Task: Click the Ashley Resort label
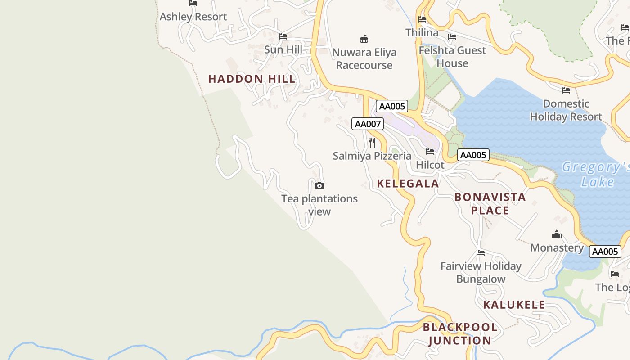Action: pos(193,17)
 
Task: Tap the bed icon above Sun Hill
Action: pos(283,36)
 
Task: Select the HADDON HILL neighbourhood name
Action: pos(252,79)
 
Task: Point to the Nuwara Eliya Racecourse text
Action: pos(364,58)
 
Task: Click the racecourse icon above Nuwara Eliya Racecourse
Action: pos(364,39)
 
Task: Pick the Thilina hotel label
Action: pos(422,32)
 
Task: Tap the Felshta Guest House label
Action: pos(452,57)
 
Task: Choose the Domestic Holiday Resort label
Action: pos(566,110)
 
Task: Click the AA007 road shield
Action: pos(367,124)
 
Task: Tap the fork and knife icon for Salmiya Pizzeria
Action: pos(372,143)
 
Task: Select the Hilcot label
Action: pos(430,165)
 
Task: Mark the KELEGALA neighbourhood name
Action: pos(408,184)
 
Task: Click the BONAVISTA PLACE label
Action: pos(490,203)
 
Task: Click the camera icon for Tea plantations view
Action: pos(319,185)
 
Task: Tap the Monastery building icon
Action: pos(557,234)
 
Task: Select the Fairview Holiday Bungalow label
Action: pos(481,272)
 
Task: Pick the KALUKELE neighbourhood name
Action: pos(514,305)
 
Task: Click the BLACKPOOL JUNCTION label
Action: pos(460,333)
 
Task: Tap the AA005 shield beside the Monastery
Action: pos(605,252)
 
